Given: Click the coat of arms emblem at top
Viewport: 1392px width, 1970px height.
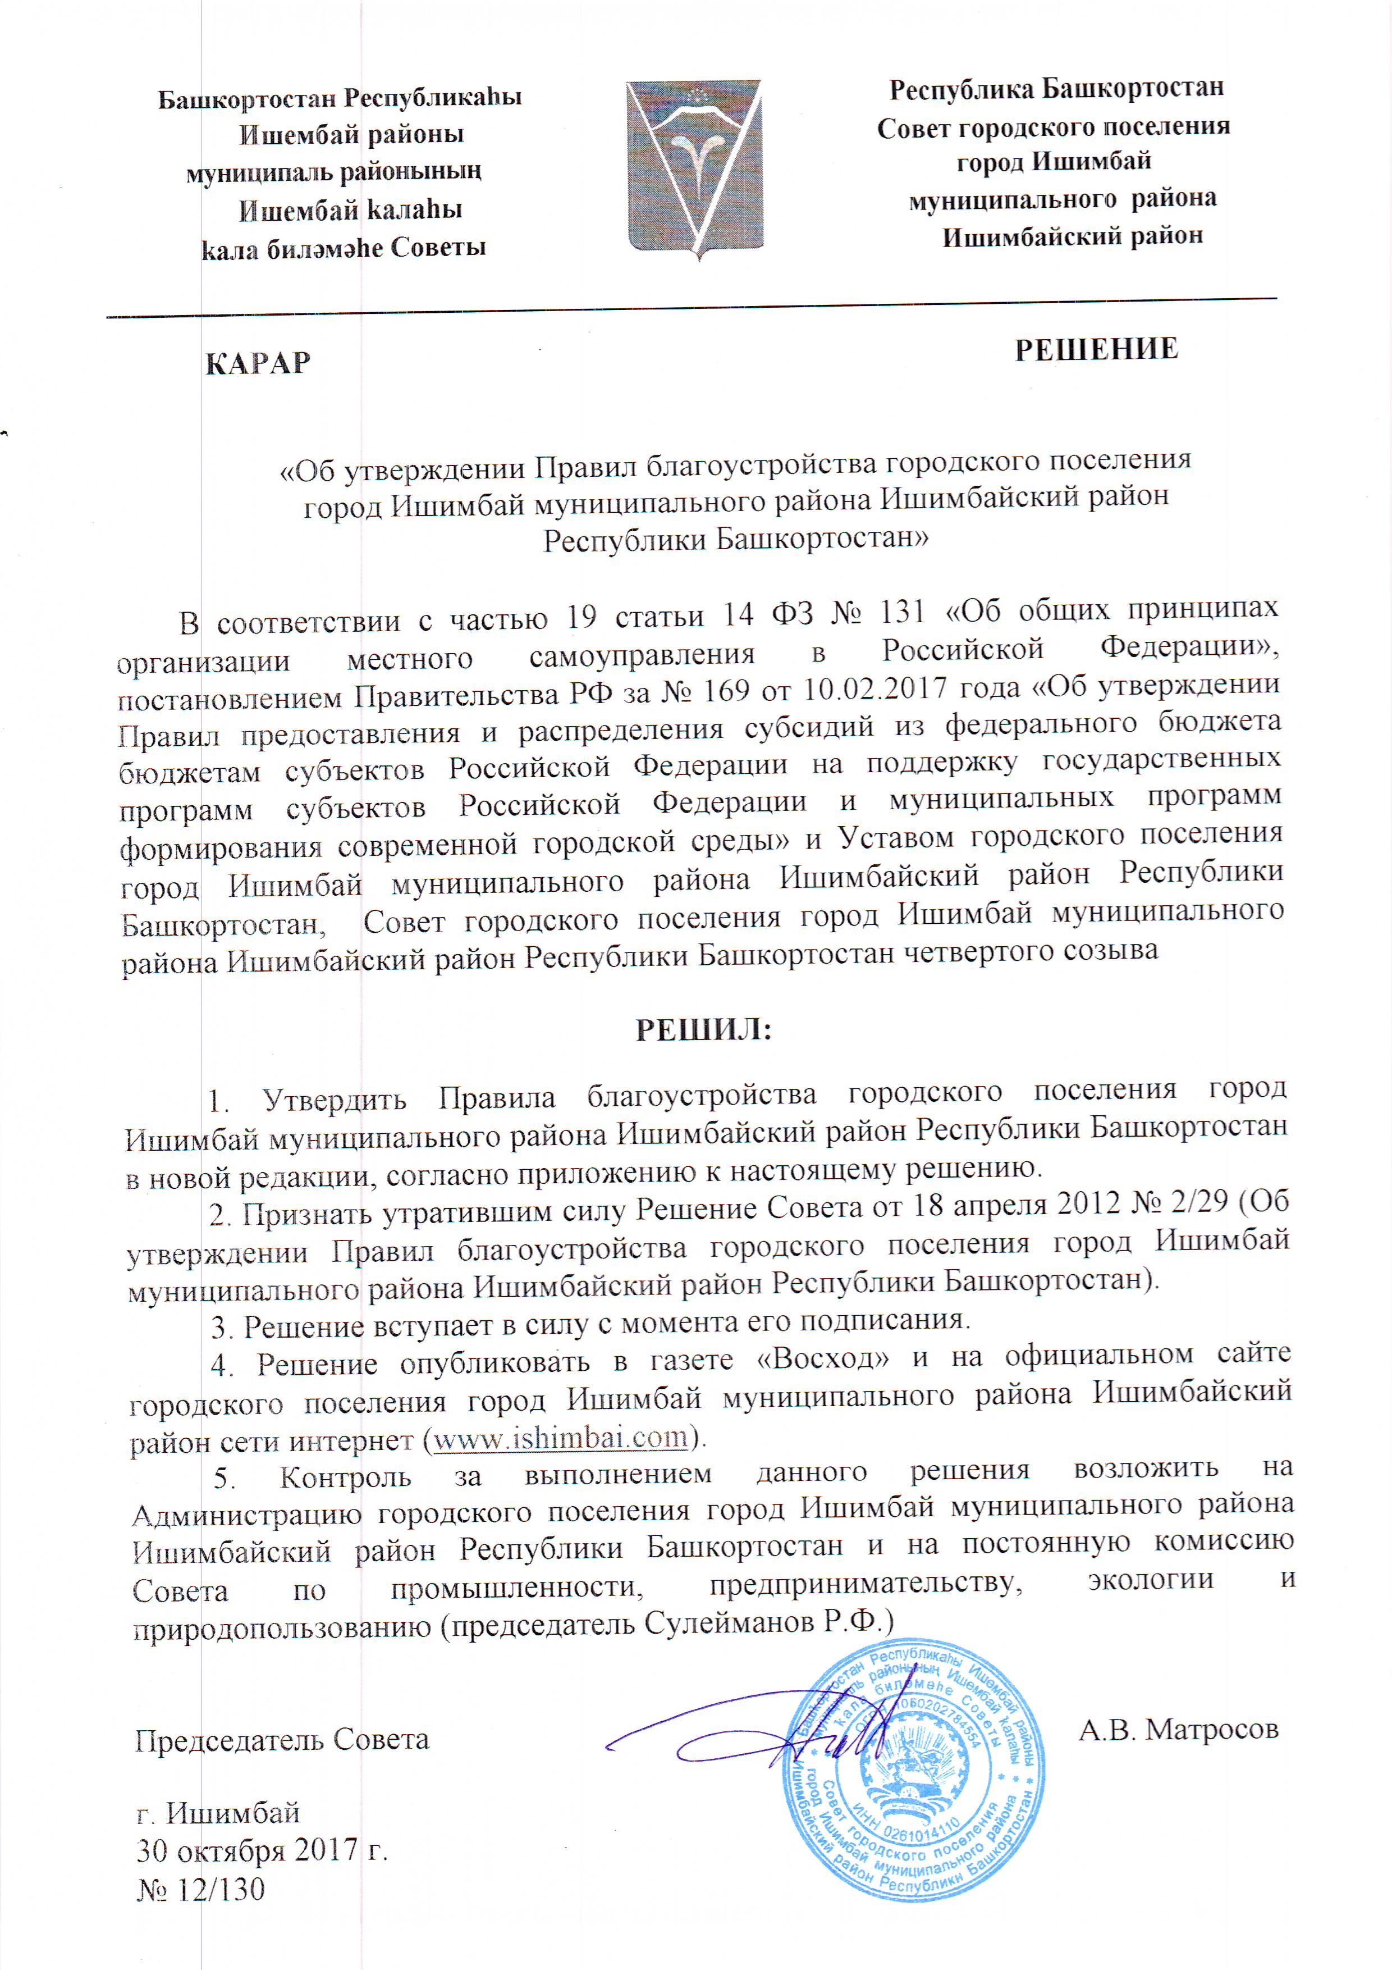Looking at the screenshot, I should coord(693,168).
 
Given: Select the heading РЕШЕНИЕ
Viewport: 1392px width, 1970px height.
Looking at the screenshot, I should coord(1096,350).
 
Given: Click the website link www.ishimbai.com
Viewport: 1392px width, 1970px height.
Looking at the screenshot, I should coord(561,1437).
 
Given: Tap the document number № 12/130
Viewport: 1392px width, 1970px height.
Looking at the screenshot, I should coord(201,1889).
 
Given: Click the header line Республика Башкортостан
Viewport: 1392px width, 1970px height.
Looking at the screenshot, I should coord(1056,88).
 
